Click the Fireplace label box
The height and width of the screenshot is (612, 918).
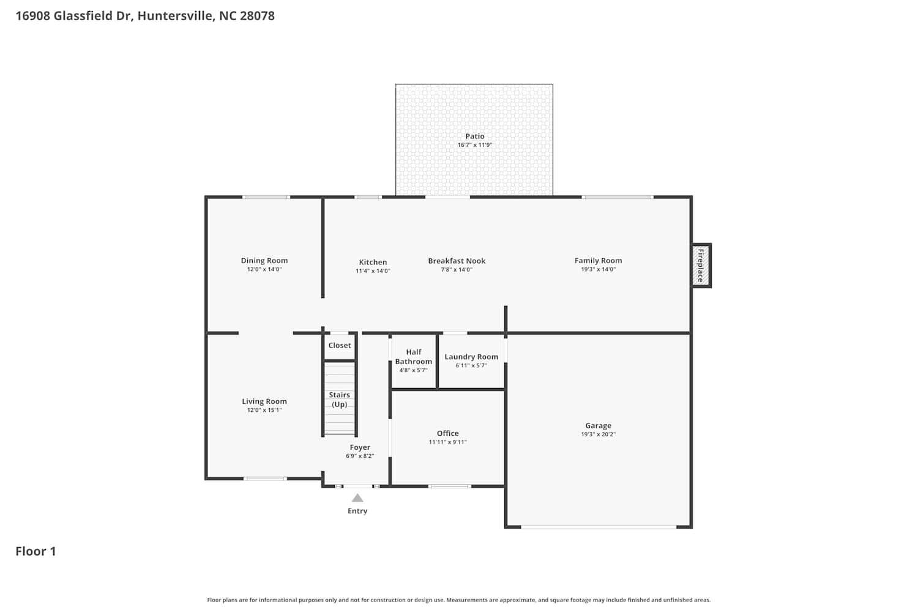(701, 266)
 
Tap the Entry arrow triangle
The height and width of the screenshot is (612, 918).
(357, 498)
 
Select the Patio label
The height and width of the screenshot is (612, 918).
(474, 136)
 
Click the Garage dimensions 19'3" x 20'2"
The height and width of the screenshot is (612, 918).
(598, 435)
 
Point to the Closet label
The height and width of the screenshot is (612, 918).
(340, 345)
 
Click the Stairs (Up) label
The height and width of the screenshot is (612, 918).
(339, 399)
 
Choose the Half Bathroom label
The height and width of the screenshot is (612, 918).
(413, 357)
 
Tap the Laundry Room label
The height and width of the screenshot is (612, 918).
(471, 357)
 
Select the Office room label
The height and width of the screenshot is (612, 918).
(447, 433)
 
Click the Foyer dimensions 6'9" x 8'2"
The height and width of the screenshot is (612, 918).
(359, 456)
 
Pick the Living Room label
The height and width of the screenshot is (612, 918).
(264, 401)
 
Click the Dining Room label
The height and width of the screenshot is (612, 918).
(264, 261)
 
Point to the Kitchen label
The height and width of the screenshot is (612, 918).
(373, 262)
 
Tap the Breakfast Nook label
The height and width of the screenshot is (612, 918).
(457, 261)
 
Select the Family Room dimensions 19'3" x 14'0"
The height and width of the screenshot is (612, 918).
(598, 269)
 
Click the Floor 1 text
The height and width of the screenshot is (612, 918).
(35, 551)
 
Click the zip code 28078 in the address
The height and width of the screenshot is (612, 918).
(257, 16)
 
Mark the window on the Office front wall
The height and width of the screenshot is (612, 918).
(449, 487)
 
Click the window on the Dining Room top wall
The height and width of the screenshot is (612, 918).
(266, 197)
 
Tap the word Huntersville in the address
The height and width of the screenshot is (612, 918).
(174, 16)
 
